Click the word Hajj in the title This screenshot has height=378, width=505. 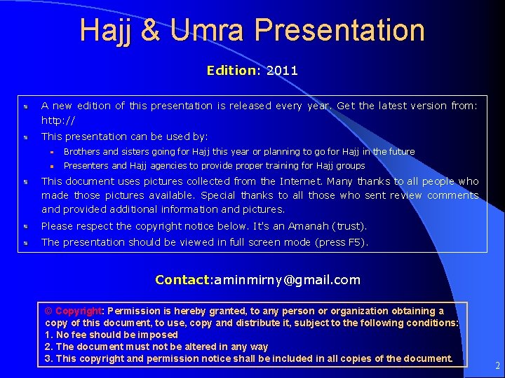pos(101,31)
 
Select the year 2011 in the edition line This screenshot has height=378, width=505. pos(282,71)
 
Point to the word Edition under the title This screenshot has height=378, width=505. pos(231,71)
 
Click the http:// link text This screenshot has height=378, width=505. pos(58,120)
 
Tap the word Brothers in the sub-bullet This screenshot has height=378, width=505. pos(82,152)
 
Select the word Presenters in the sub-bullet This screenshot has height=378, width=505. pos(86,166)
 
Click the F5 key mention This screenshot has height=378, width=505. pos(355,242)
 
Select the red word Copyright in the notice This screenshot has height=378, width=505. pos(79,311)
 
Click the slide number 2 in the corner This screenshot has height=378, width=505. pos(497,365)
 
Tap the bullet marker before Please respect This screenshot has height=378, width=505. pos(25,227)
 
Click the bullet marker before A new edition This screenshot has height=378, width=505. pos(25,106)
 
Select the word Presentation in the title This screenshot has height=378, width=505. pos(339,31)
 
